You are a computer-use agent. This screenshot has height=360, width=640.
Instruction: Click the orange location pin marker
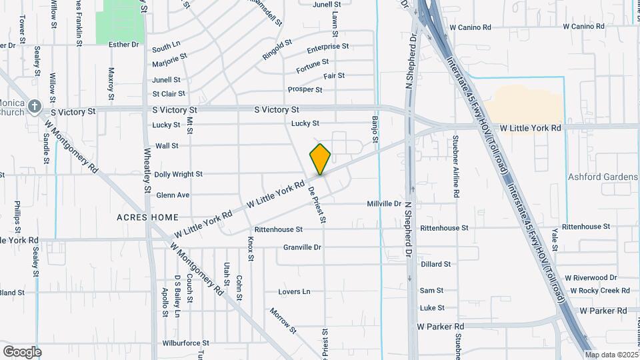[320, 159]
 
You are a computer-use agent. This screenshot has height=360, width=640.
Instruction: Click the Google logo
[22, 352]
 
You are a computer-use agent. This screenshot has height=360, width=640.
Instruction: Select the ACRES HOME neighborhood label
[147, 217]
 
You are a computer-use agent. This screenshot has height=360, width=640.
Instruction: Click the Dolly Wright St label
[178, 175]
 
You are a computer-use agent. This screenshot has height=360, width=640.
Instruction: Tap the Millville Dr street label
[384, 203]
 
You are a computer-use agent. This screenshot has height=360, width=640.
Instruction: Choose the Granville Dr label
[302, 247]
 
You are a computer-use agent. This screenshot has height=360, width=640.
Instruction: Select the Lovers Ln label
[294, 292]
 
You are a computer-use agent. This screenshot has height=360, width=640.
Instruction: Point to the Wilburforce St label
[186, 343]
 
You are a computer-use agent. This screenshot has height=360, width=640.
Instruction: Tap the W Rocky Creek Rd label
[597, 291]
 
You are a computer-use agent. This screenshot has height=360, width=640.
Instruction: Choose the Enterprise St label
[328, 47]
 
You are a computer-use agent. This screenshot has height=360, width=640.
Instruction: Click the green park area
[120, 22]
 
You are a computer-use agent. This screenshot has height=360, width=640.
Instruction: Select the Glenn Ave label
[173, 195]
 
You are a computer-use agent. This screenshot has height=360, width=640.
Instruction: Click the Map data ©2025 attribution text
[611, 355]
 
